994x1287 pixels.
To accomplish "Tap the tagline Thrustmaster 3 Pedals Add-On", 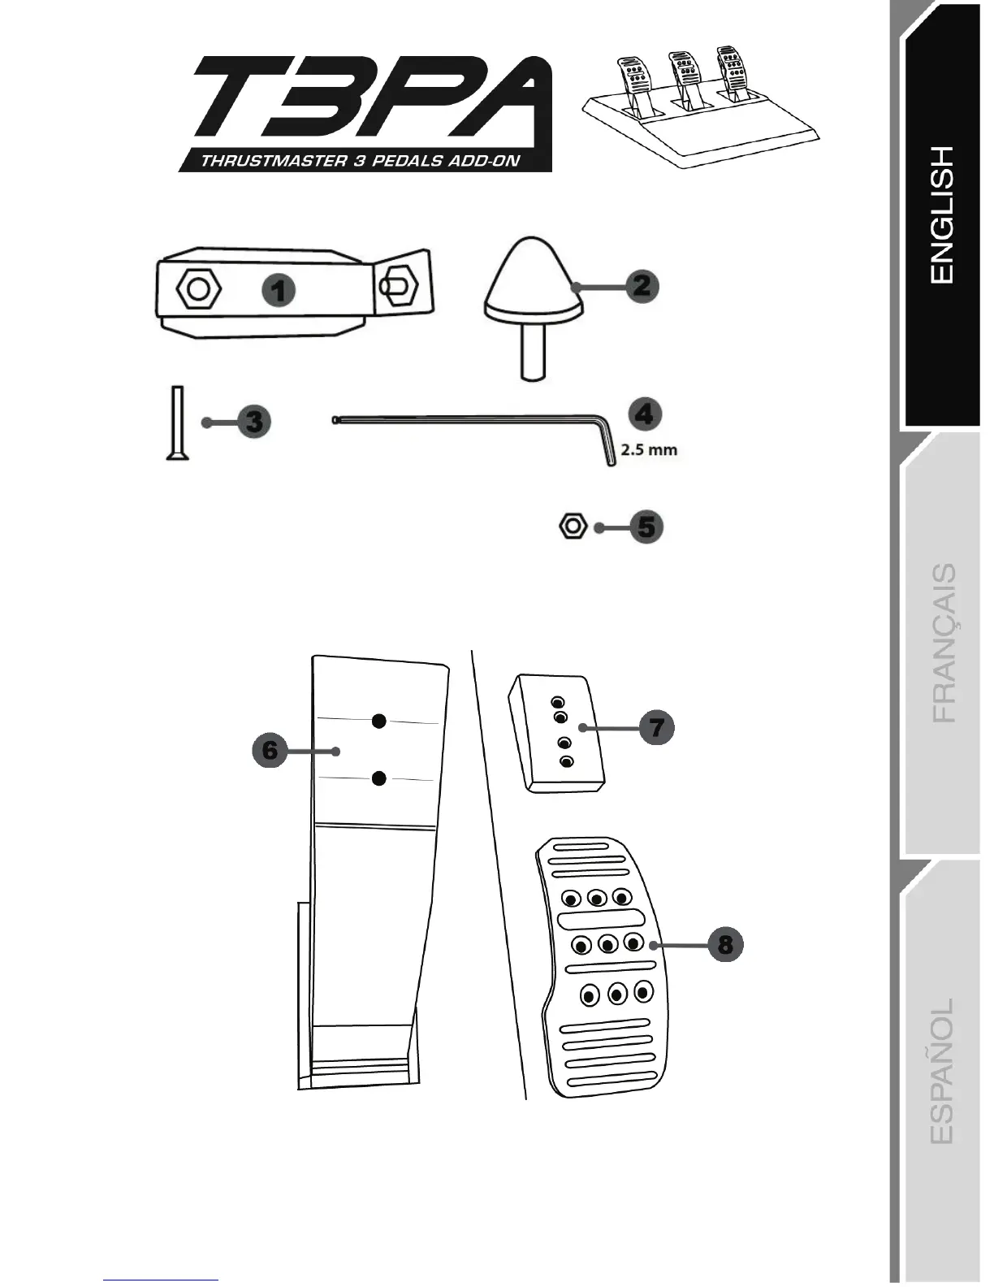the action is pos(360,160).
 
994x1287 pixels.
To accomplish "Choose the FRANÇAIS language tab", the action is pos(943,643).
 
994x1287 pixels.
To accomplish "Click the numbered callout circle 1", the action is pos(279,289).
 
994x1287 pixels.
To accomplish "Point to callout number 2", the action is pos(642,286).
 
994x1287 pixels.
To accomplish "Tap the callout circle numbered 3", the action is pos(253,422).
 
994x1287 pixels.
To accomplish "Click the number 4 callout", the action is pos(645,414).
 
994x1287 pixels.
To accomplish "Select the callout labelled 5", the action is pos(646,526).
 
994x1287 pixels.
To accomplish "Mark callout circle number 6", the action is pos(270,749).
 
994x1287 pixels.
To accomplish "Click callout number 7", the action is pos(656,726).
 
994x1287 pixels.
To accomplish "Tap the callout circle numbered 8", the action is pos(725,944).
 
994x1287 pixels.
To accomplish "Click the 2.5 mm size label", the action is pos(649,448).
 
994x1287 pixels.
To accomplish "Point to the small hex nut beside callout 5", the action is pos(573,526).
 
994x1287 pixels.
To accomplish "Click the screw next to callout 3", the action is pos(177,423).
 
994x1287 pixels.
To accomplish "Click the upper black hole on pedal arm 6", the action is pos(378,721).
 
